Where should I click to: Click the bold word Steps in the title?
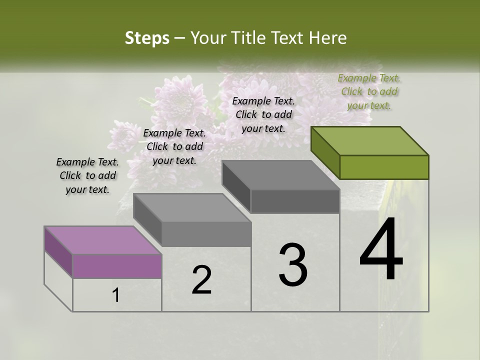click(x=147, y=38)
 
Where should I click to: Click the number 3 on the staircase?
click(x=293, y=265)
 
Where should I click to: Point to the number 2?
click(x=201, y=280)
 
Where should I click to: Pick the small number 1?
click(x=116, y=295)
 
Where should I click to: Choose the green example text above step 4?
click(x=369, y=91)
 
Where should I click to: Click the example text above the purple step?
click(x=87, y=175)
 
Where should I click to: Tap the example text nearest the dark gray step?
click(x=263, y=114)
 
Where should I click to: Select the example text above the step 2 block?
click(x=174, y=146)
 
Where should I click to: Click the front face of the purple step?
click(x=117, y=266)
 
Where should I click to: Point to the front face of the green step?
click(x=384, y=167)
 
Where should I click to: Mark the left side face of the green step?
click(x=325, y=152)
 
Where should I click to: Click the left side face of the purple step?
click(x=58, y=252)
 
